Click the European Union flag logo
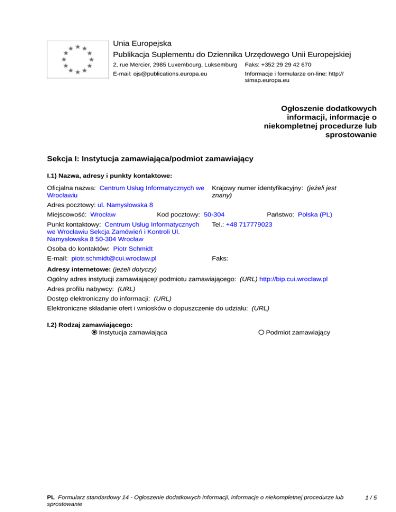coord(76,60)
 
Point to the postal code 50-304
coord(214,214)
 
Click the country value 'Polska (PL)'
coord(315,214)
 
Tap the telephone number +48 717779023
coord(249,225)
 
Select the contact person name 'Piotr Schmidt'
coord(133,248)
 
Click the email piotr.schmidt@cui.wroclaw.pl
coord(114,258)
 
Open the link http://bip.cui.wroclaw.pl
coord(293,279)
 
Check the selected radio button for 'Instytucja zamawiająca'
coord(94,333)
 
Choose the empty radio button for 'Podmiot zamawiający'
coord(261,333)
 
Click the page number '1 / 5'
coord(370,498)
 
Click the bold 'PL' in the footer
coord(51,498)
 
